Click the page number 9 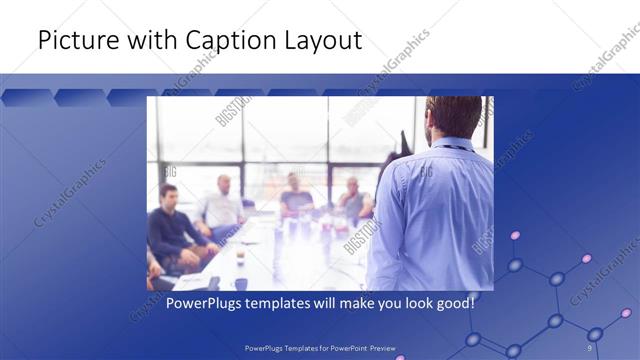point(589,347)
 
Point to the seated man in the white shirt point(222,205)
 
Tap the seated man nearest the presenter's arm point(352,199)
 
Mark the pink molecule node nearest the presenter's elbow point(516,236)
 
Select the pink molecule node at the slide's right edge point(626,313)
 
